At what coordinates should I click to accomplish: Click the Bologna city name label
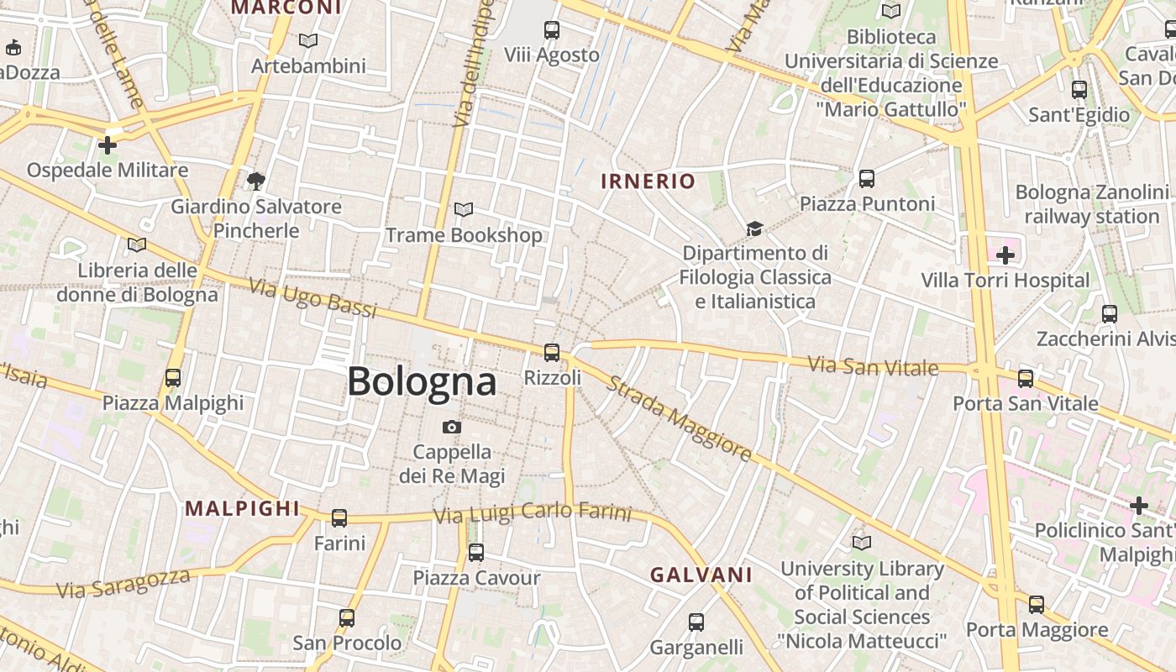tap(422, 382)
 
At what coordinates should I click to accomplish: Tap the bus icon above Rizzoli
tap(552, 353)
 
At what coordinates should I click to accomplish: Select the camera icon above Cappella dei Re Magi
tap(452, 428)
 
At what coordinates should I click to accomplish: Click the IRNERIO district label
tap(648, 181)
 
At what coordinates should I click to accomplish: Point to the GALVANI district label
tap(701, 575)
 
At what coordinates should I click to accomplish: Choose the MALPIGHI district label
tap(242, 508)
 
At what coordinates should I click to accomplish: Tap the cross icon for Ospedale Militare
tap(108, 145)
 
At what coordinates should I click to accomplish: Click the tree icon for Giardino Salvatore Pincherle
tap(256, 181)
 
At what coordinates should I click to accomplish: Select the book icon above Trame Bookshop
tap(464, 210)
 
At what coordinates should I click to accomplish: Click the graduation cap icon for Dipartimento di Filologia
tap(754, 228)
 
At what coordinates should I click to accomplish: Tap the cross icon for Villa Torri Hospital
tap(1005, 255)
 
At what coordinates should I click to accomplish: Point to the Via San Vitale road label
tap(873, 366)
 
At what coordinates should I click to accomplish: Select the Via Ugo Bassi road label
tap(313, 298)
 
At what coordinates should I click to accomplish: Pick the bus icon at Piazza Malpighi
tap(173, 378)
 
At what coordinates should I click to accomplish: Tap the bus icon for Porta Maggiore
tap(1037, 605)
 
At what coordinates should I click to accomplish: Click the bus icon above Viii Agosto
tap(552, 30)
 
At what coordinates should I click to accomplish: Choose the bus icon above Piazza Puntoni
tap(867, 179)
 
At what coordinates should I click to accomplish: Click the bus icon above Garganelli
tap(696, 622)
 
